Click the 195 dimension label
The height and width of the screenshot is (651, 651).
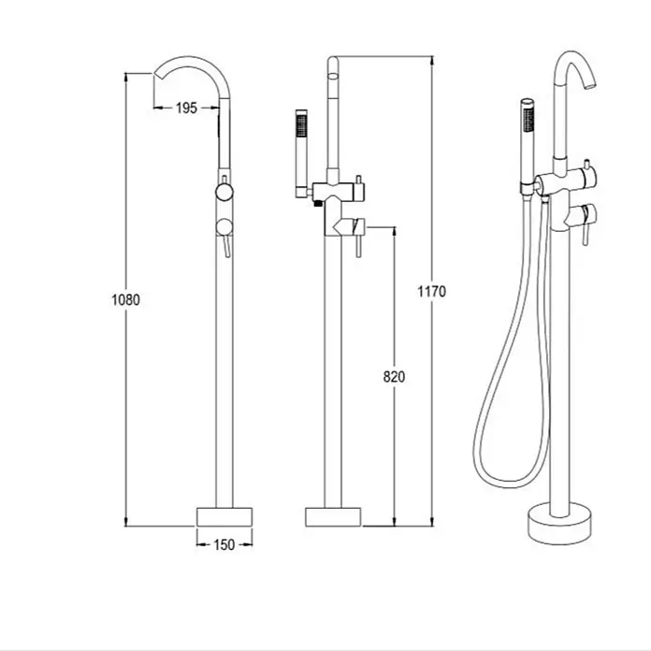point(186,108)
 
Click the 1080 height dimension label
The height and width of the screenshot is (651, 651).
point(125,299)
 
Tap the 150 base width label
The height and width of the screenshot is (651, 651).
point(224,544)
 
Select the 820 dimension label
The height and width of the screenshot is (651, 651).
point(394,377)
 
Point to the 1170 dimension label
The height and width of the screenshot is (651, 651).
point(432,292)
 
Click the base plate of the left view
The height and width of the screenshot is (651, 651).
point(224,517)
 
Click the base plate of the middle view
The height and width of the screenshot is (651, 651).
point(333,517)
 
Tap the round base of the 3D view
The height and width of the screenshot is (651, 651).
point(559,524)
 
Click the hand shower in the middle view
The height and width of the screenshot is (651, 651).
point(301,153)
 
